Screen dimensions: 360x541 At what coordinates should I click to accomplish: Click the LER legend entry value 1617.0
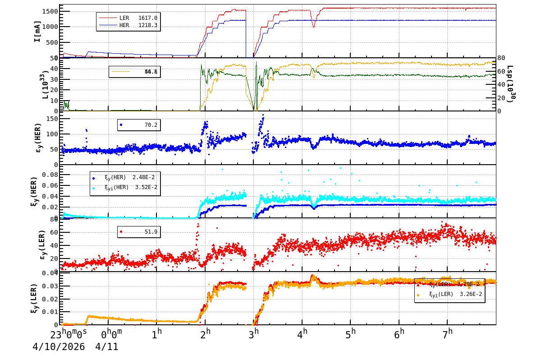point(148,18)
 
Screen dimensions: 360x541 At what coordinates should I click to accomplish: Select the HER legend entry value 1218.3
point(148,25)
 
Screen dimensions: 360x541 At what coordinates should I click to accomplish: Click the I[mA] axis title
point(37,32)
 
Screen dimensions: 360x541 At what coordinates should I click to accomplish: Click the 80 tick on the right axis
point(502,58)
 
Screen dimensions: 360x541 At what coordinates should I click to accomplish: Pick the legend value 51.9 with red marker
point(151,232)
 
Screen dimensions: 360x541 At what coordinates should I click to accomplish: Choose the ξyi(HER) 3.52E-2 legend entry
point(126,187)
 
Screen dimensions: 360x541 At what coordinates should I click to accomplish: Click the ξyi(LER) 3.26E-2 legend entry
point(451,294)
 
